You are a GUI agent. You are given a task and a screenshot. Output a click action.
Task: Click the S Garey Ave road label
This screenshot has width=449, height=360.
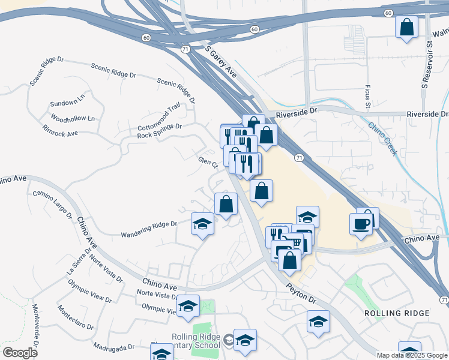click(221, 62)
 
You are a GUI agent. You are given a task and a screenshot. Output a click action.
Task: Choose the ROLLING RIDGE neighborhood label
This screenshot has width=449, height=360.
click(397, 313)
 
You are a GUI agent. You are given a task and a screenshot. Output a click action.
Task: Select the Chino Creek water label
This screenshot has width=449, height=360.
click(382, 139)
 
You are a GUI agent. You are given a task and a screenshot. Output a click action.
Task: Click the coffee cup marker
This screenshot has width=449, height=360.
click(361, 224)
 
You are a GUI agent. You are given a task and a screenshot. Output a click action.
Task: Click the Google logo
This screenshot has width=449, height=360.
click(20, 353)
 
